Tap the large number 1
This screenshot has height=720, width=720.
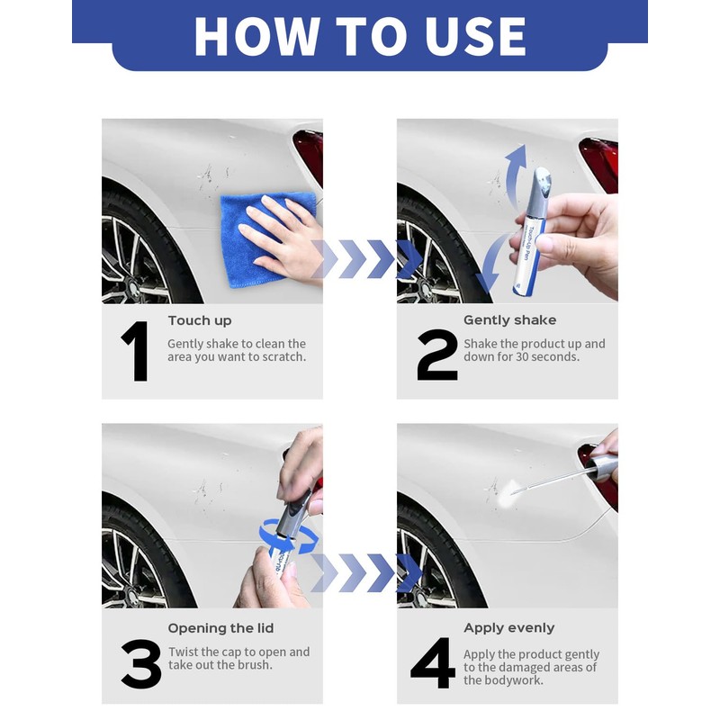[x=137, y=353]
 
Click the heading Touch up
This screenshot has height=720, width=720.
[x=200, y=320]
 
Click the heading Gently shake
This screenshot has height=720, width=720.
[x=509, y=320]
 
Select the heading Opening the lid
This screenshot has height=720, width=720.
[x=220, y=628]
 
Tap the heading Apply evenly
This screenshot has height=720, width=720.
[x=508, y=628]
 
